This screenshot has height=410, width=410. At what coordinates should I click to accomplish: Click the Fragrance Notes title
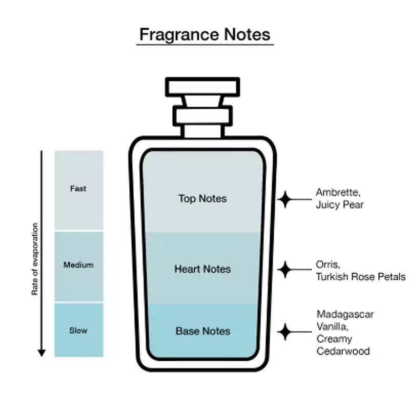204,34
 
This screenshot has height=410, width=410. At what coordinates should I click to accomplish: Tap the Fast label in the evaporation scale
78,189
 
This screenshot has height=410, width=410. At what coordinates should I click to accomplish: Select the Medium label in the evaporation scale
78,265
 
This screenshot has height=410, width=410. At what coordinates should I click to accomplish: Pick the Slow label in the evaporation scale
78,331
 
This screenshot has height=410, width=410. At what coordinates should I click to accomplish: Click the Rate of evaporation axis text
35,259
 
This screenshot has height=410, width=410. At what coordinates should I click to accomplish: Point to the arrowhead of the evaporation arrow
42,353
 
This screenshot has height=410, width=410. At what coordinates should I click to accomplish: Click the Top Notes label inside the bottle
202,199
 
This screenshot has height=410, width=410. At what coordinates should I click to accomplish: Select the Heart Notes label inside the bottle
202,269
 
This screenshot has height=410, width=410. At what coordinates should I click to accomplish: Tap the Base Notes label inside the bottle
203,331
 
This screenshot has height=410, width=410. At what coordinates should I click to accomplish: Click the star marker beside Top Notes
285,199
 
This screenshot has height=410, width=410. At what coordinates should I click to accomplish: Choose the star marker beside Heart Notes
285,270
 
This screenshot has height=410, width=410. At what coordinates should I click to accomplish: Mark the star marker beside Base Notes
285,332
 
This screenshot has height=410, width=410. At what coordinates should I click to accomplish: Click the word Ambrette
338,193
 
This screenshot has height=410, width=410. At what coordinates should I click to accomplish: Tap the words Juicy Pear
340,204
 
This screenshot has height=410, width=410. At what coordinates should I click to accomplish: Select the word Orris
328,264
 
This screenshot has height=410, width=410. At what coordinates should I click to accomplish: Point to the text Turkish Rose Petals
361,277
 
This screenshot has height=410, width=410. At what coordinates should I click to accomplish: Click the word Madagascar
345,315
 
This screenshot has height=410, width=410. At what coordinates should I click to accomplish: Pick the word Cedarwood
343,351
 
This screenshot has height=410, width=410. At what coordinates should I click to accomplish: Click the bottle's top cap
202,87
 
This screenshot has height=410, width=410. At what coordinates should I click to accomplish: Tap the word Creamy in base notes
334,339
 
